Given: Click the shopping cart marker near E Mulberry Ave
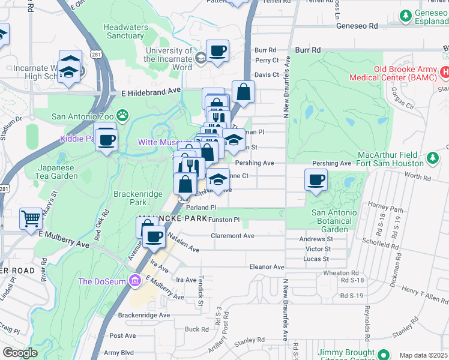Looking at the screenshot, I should [31, 218].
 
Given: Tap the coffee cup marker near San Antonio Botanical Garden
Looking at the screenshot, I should [316, 179].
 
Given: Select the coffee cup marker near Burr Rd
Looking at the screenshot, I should [217, 50].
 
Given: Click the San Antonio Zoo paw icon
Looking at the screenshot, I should [122, 115].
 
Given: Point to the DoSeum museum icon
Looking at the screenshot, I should [136, 280].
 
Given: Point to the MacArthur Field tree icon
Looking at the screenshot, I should [433, 158].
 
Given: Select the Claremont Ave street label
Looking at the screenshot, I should [232, 236].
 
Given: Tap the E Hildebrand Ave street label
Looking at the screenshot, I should [151, 92].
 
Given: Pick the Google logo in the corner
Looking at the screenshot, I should [20, 353].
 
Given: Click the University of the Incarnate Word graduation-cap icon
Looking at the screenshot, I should [200, 57].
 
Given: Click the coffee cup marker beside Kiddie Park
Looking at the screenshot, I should [106, 140].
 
